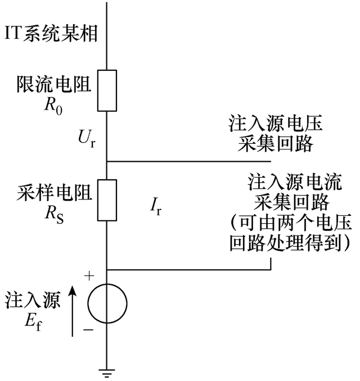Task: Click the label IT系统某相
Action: tap(51, 34)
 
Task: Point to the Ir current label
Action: tap(156, 207)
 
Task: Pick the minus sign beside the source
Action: tap(88, 330)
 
